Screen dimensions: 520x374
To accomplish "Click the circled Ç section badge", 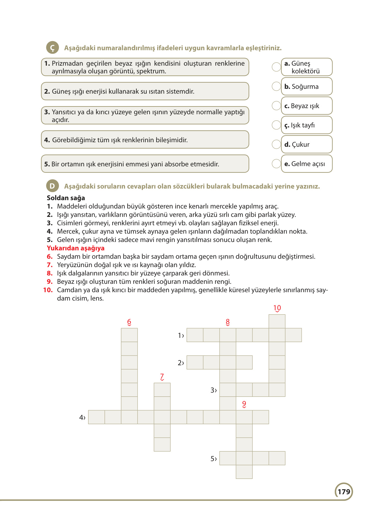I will [52, 48].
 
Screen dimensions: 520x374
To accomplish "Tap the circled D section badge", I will [52, 186].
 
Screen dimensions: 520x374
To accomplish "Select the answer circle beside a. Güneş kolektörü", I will [276, 67].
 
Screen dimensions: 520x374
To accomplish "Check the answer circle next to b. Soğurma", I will [276, 86].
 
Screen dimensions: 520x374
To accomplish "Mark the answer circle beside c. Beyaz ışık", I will [276, 106].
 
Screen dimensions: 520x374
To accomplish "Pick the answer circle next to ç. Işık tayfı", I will [276, 125].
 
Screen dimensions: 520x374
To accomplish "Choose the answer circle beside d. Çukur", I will [276, 144].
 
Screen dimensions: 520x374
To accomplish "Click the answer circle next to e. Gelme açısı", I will [276, 163].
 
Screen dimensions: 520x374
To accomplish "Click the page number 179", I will [344, 492].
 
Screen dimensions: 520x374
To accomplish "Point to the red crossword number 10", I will [277, 308].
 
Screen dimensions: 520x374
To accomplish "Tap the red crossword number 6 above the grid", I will [129, 322].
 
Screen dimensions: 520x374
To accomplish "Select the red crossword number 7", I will [162, 376].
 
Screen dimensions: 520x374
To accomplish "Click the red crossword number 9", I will [244, 404].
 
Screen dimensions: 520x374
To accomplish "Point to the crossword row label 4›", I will [82, 418].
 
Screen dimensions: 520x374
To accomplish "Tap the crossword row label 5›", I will [214, 459].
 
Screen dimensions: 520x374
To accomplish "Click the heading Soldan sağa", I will [66, 198].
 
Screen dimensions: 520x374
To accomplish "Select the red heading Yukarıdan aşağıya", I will [76, 248].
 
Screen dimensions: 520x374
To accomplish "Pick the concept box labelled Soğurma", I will [306, 87].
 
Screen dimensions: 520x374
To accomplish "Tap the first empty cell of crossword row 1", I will [195, 335].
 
